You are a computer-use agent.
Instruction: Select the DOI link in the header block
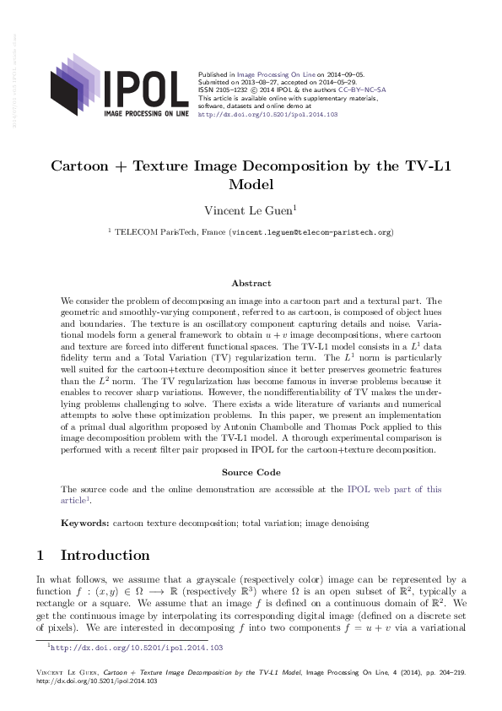[267, 114]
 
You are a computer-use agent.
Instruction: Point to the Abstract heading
[251, 284]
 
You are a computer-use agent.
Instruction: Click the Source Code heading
[251, 473]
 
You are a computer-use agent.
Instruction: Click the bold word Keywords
[84, 524]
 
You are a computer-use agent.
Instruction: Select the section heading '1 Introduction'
[93, 556]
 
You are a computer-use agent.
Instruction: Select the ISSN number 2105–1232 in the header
[228, 90]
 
